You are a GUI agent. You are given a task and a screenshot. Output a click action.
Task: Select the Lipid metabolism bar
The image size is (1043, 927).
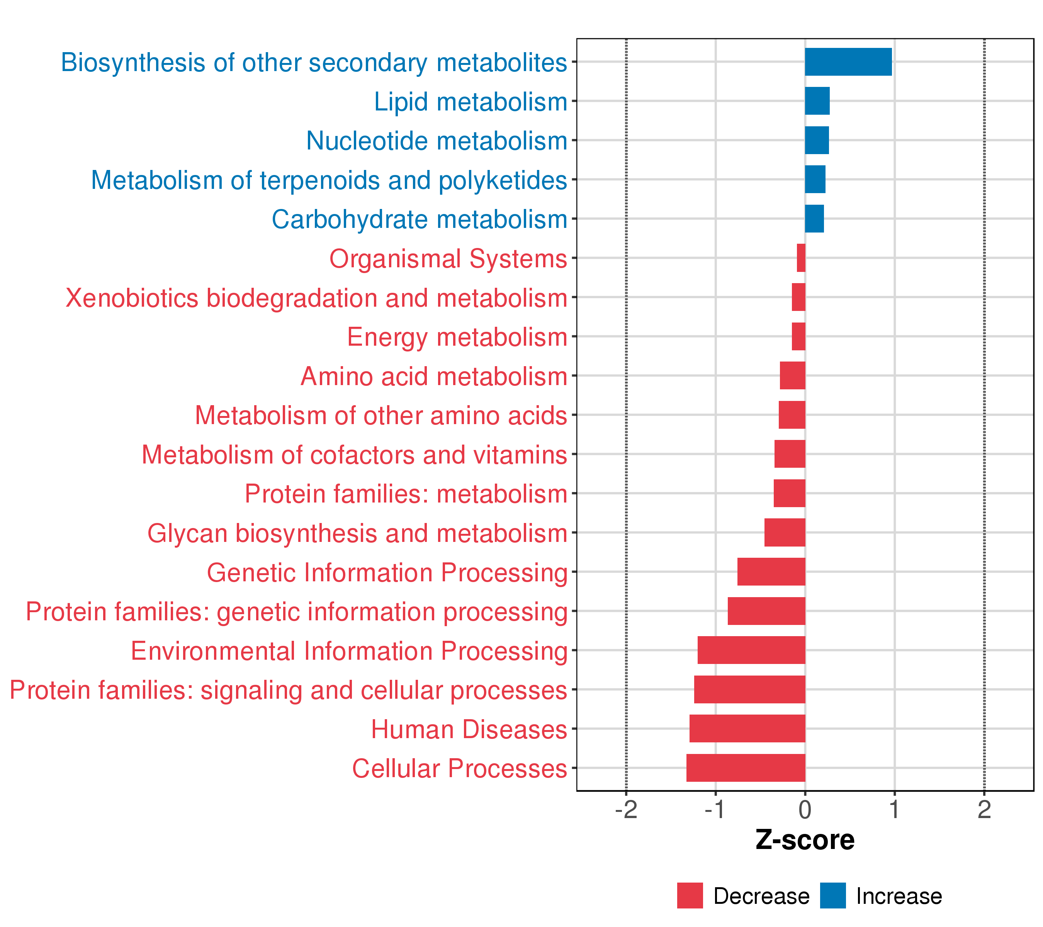[x=817, y=101]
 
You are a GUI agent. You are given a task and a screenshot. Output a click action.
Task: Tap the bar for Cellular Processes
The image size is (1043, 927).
[x=746, y=768]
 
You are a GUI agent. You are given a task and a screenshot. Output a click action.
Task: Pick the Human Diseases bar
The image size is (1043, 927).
[x=747, y=728]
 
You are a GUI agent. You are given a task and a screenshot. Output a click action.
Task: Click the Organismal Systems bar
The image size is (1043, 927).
[x=801, y=258]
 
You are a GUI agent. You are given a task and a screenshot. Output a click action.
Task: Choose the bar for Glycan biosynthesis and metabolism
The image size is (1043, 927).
[x=785, y=533]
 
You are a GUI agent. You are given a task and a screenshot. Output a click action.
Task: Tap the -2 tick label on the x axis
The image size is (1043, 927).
[x=626, y=810]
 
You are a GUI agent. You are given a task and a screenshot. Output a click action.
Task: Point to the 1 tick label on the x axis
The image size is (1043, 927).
[x=894, y=810]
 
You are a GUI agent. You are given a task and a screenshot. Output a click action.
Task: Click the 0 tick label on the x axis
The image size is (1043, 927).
[x=805, y=810]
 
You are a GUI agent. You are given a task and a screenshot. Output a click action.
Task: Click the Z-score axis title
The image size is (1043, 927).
[x=805, y=840]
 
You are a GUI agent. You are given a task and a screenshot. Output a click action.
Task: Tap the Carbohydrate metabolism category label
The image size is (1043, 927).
[x=420, y=220]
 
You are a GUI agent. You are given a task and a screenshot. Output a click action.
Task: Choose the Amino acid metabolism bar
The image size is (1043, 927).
[x=792, y=375]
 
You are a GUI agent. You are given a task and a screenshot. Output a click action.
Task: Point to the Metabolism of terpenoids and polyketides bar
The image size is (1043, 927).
[x=815, y=179]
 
